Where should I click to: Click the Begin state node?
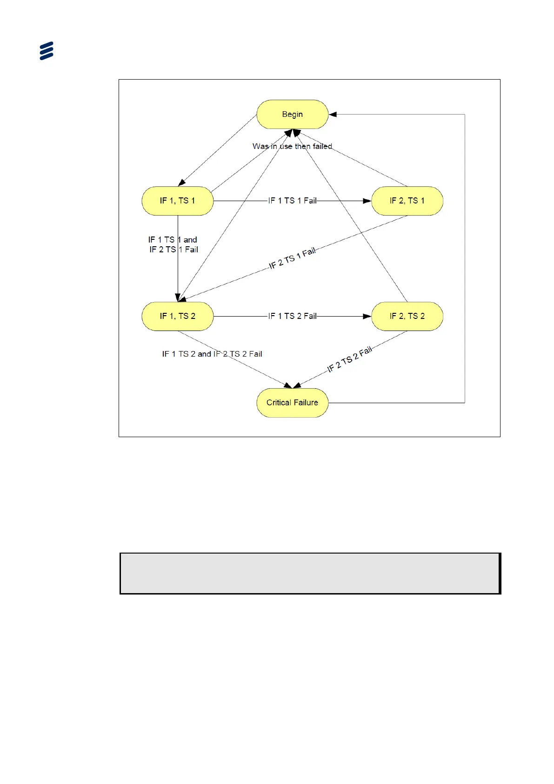[x=292, y=114]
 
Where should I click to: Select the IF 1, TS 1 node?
[x=177, y=201]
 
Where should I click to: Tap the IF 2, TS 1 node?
[x=407, y=201]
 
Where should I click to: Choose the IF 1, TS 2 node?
[x=177, y=316]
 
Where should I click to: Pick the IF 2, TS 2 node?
[x=407, y=316]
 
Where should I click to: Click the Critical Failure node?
[x=292, y=403]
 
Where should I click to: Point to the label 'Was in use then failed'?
[x=292, y=146]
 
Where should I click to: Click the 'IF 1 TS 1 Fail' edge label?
[x=292, y=201]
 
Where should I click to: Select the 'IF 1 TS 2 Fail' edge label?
[x=292, y=316]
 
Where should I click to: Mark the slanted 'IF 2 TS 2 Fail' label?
[x=349, y=359]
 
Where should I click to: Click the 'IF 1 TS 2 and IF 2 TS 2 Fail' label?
[x=212, y=354]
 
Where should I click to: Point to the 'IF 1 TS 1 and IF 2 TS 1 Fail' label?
[x=173, y=244]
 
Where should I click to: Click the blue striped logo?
[x=47, y=51]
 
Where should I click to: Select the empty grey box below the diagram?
[x=310, y=573]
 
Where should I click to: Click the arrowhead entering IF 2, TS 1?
[x=367, y=201]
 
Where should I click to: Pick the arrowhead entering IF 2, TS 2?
[x=367, y=316]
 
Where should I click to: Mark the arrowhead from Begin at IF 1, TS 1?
[x=182, y=183]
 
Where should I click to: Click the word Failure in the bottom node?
[x=306, y=403]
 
